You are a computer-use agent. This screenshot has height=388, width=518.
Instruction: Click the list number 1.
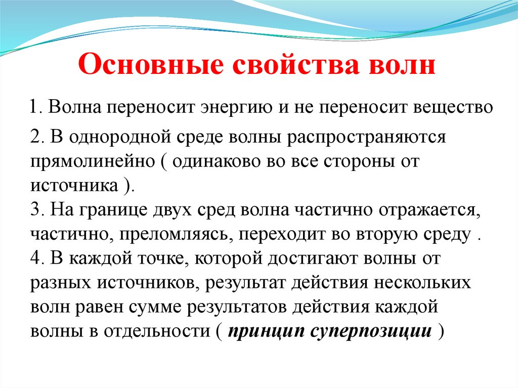[33, 108]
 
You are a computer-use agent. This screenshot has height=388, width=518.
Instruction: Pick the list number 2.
[34, 137]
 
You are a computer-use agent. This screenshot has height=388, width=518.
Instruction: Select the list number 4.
[34, 259]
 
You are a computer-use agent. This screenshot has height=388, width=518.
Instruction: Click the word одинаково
[219, 162]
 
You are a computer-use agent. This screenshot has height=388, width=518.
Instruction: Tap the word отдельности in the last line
[157, 332]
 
